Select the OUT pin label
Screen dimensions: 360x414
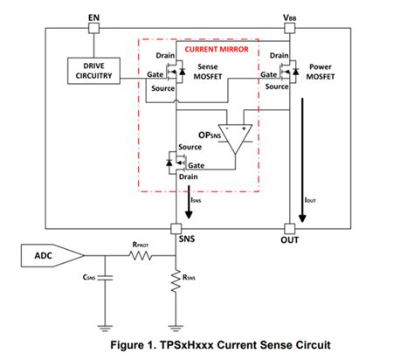point(289,239)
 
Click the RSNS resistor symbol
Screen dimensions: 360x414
point(176,281)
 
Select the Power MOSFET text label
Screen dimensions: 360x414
point(321,72)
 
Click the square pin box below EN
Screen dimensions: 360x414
point(93,29)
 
